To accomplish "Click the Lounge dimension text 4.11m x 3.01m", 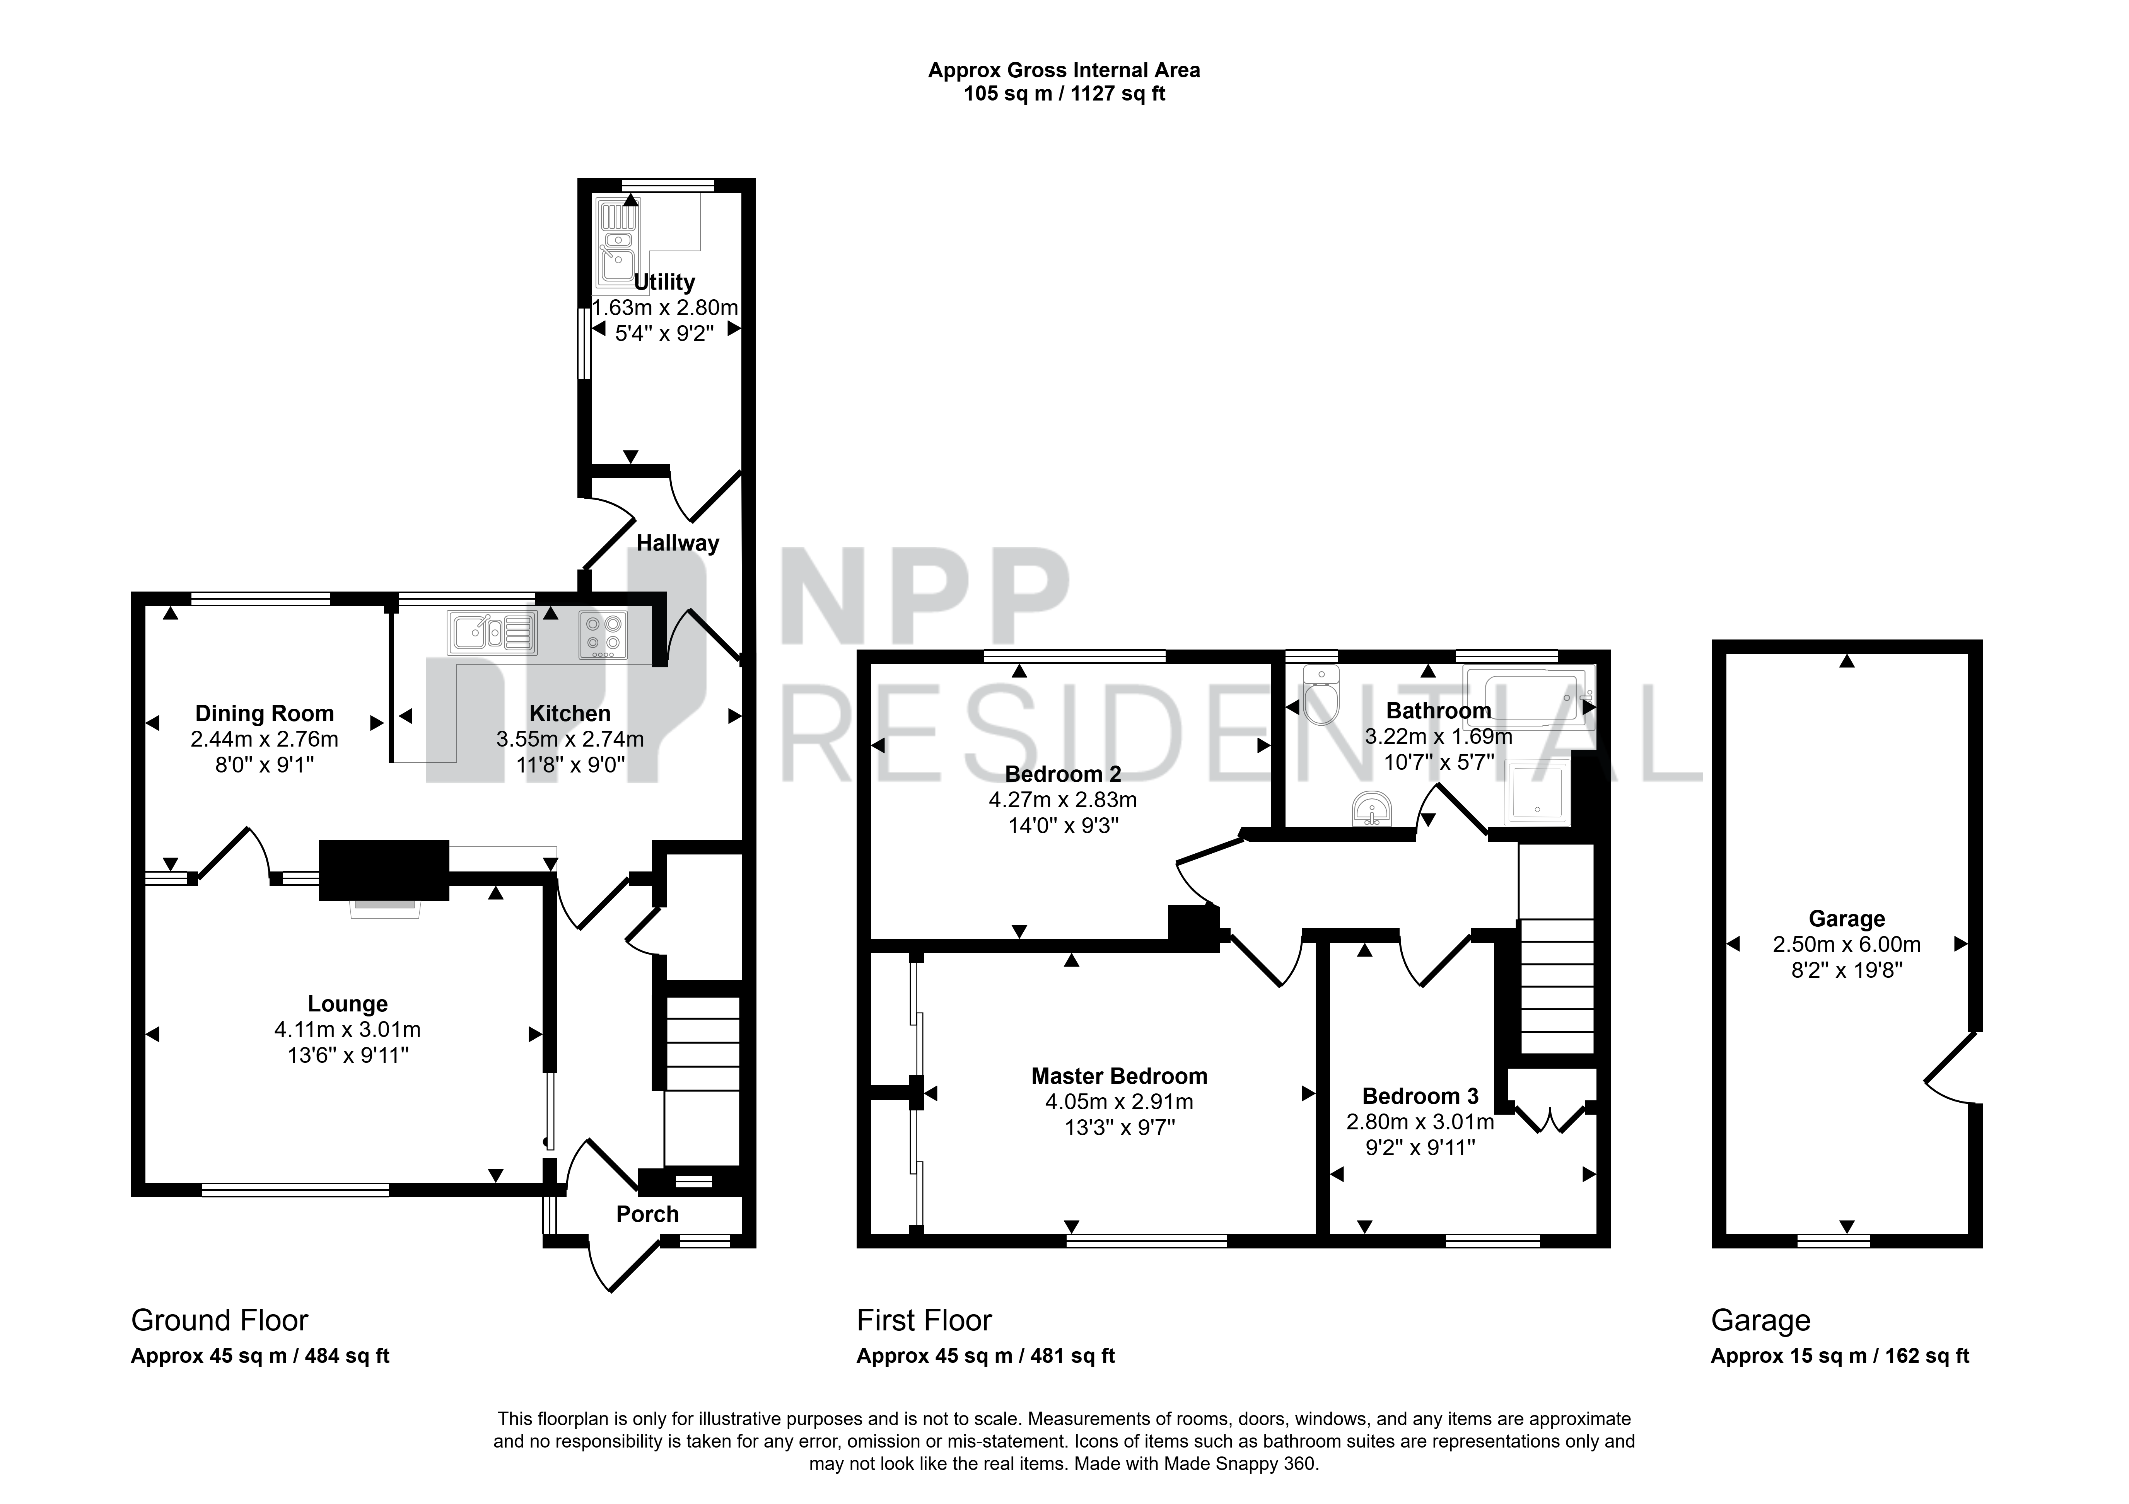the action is (x=348, y=1029).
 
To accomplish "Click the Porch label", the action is (x=647, y=1214).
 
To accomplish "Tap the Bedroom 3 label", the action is (x=1420, y=1097).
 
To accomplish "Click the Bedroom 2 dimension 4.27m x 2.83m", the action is (x=1063, y=799).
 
